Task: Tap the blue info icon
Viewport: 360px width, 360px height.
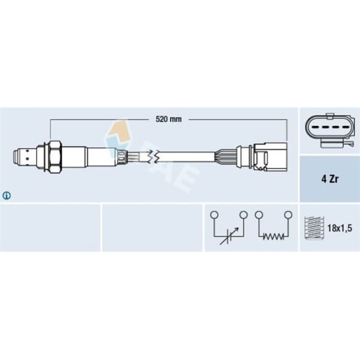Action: click(x=7, y=195)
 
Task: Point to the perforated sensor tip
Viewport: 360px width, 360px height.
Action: click(x=23, y=157)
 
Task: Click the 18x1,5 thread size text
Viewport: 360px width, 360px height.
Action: click(x=338, y=228)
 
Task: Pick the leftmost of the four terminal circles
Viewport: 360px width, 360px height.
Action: click(x=214, y=214)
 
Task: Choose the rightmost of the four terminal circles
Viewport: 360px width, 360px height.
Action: click(x=288, y=214)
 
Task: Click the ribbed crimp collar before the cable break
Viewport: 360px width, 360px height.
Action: click(x=123, y=157)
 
